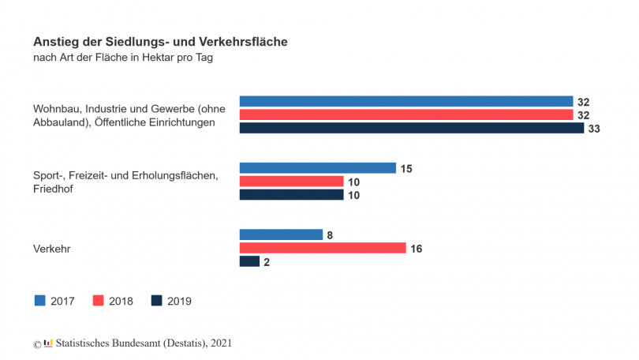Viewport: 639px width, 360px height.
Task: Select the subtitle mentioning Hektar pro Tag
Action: pyautogui.click(x=123, y=58)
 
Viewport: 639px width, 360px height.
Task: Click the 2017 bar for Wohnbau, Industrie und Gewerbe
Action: pyautogui.click(x=405, y=101)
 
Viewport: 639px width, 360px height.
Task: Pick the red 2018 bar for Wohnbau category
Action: pyautogui.click(x=405, y=114)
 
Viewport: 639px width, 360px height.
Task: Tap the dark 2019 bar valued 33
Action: pyautogui.click(x=411, y=128)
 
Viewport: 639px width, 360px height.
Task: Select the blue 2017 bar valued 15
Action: pyautogui.click(x=317, y=168)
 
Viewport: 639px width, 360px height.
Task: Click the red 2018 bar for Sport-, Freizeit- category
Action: pyautogui.click(x=291, y=182)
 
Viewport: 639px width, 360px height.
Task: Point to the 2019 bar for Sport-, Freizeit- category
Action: pyautogui.click(x=291, y=195)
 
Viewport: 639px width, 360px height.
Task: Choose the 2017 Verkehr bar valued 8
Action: pyautogui.click(x=281, y=234)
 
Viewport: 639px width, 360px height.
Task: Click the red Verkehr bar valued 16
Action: pyautogui.click(x=322, y=248)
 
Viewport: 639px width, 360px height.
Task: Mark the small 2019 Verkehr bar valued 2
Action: pyautogui.click(x=249, y=261)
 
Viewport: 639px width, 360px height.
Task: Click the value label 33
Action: pyautogui.click(x=595, y=128)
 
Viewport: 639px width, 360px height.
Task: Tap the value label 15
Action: pyautogui.click(x=407, y=168)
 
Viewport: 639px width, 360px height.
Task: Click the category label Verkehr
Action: pyautogui.click(x=51, y=249)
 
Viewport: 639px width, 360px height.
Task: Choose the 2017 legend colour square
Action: pyautogui.click(x=40, y=300)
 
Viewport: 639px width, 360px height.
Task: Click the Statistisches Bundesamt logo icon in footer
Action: pyautogui.click(x=48, y=343)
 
